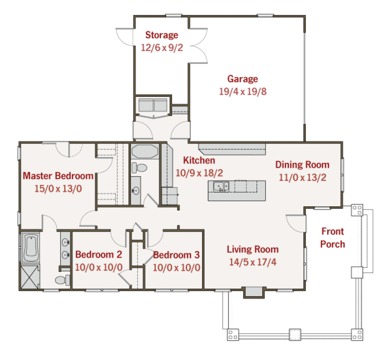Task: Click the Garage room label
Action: click(x=242, y=79)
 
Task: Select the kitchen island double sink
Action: click(x=221, y=187)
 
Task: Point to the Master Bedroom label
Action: click(x=58, y=176)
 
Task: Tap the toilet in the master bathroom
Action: click(x=63, y=280)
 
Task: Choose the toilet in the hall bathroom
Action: click(x=140, y=167)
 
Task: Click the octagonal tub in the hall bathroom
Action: click(x=144, y=151)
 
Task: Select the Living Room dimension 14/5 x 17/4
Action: click(x=252, y=262)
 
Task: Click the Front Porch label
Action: click(x=332, y=237)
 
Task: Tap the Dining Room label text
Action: click(x=302, y=165)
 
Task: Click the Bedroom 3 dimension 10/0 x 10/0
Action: click(x=176, y=267)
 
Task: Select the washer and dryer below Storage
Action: click(x=153, y=105)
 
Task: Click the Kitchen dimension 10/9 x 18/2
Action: click(x=199, y=173)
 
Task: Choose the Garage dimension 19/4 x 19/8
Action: click(x=242, y=91)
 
